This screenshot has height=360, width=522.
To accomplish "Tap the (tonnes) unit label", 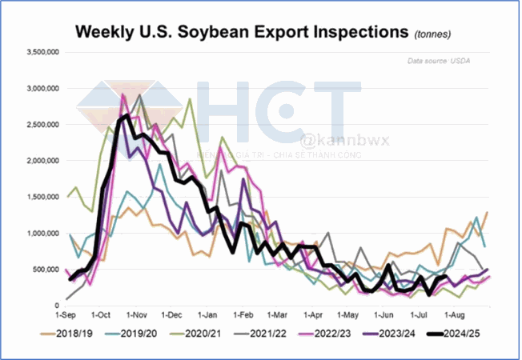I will coord(432,34).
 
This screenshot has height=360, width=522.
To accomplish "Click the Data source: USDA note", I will coord(440,61).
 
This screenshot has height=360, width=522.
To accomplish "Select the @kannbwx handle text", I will coord(332,141).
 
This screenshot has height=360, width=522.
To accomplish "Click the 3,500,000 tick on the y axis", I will coord(42,52).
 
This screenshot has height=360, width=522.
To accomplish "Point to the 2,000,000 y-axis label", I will coord(42,161).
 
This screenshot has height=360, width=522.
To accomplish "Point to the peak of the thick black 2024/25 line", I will coord(128,116).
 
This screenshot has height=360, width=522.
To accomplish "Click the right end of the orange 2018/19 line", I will coord(487,212).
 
